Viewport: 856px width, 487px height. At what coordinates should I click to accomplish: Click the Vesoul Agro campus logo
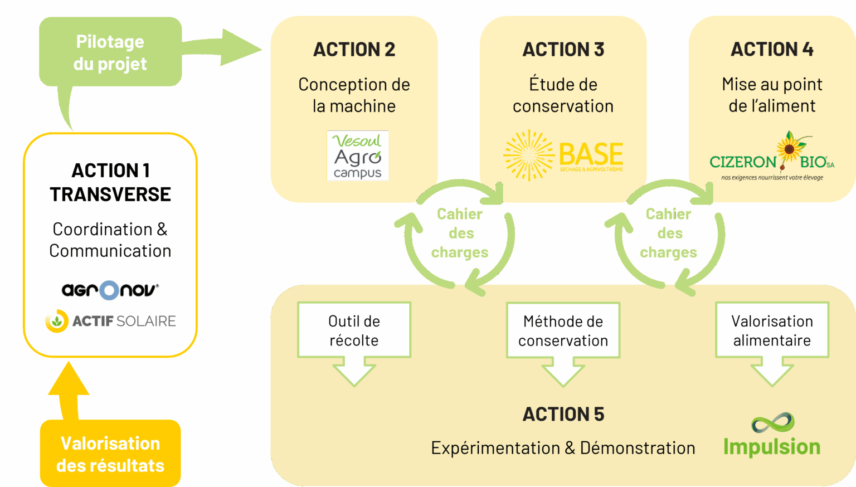pos(357,155)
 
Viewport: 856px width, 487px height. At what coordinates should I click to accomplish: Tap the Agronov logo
pos(110,290)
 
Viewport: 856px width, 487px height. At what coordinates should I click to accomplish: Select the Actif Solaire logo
pos(110,321)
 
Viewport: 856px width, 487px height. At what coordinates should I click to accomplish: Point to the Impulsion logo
pos(772,435)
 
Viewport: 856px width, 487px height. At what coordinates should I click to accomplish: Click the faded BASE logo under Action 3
pos(563,155)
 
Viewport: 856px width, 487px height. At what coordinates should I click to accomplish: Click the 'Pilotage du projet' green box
pos(110,52)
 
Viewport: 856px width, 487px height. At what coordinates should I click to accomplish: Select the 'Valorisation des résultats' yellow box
pos(110,454)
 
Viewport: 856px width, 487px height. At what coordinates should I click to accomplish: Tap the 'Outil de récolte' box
pos(354,330)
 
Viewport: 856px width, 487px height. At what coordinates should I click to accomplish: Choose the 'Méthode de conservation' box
pos(563,330)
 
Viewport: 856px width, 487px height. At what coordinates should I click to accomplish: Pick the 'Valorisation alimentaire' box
pos(772,330)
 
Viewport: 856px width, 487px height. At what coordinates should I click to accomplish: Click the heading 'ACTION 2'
pos(354,50)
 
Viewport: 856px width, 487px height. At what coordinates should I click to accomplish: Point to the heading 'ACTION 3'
pos(563,50)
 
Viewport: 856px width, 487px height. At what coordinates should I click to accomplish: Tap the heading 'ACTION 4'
pos(772,50)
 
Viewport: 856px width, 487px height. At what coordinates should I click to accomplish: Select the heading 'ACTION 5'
pos(563,414)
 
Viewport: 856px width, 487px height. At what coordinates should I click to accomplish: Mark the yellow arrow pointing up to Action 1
pos(69,390)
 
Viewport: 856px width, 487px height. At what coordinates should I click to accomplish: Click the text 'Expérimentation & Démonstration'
pos(563,448)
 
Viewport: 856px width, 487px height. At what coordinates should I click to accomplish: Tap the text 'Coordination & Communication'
pos(110,240)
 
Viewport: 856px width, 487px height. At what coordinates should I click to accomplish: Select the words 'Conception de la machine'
pos(354,95)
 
